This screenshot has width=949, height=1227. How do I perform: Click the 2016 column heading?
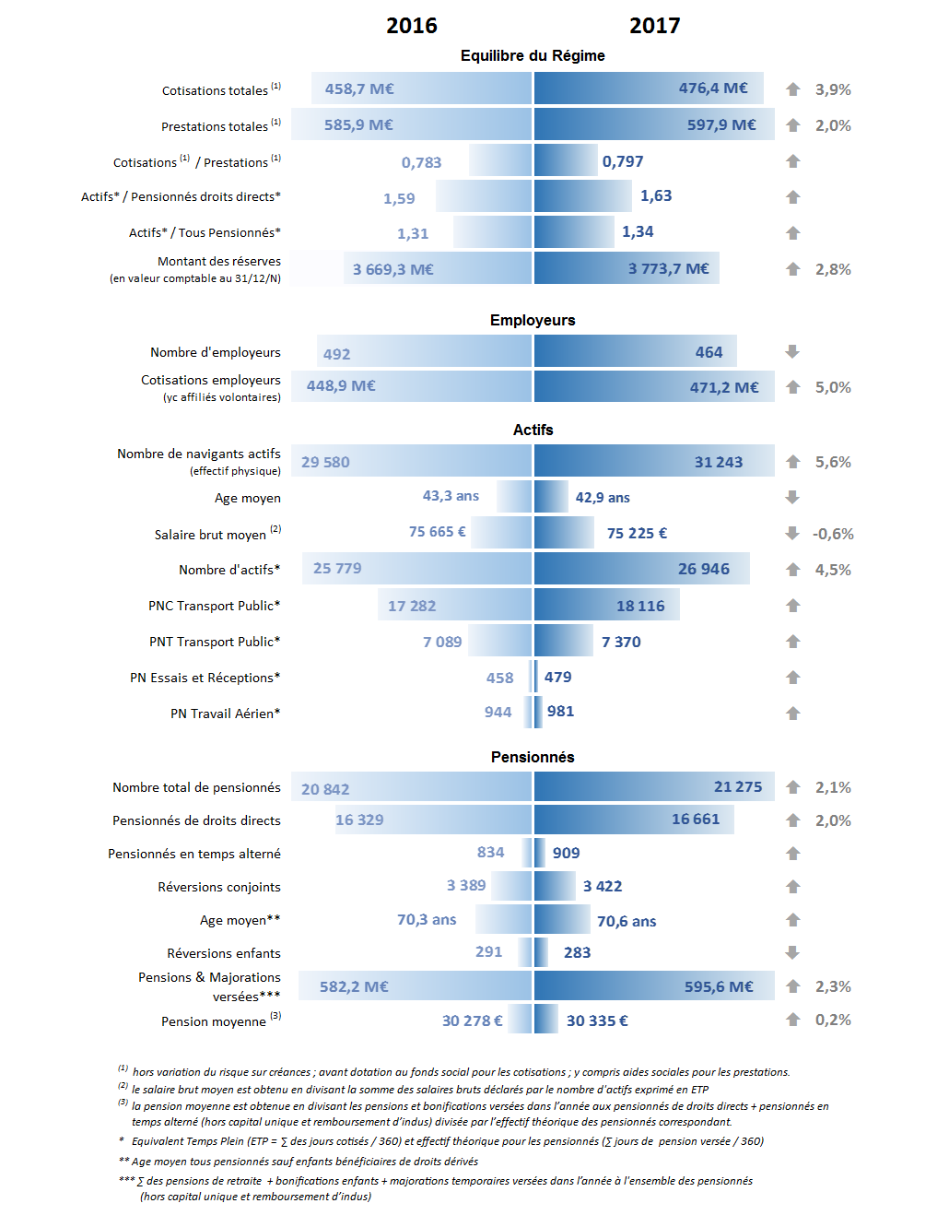click(411, 26)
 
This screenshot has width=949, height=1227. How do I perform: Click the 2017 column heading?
click(654, 26)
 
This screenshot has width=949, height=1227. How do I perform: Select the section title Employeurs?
click(532, 320)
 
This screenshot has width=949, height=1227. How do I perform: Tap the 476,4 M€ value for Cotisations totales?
click(712, 88)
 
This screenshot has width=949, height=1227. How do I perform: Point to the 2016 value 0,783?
click(421, 162)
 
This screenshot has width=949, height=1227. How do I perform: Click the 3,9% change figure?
click(833, 89)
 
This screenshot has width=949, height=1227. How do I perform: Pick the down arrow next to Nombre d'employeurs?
click(792, 352)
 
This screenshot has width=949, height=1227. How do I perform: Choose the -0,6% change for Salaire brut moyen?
click(833, 534)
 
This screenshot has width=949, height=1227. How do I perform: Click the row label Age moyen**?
click(240, 920)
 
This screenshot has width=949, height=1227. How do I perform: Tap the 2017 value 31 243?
click(719, 462)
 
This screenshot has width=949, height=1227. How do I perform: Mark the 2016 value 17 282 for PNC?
click(411, 606)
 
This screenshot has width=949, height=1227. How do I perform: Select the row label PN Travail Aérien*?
click(225, 714)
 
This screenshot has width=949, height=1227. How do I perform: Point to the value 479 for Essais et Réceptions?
click(557, 677)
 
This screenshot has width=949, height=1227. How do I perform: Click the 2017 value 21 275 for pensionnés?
click(737, 786)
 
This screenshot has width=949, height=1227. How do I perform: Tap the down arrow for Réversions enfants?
click(792, 952)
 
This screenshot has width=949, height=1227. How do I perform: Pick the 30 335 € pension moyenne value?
click(597, 1021)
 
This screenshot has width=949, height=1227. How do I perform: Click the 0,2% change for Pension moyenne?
click(833, 1020)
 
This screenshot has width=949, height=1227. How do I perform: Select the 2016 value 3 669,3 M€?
click(392, 269)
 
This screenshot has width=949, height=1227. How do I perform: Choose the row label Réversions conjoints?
click(219, 887)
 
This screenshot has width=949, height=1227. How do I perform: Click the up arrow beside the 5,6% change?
click(792, 461)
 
